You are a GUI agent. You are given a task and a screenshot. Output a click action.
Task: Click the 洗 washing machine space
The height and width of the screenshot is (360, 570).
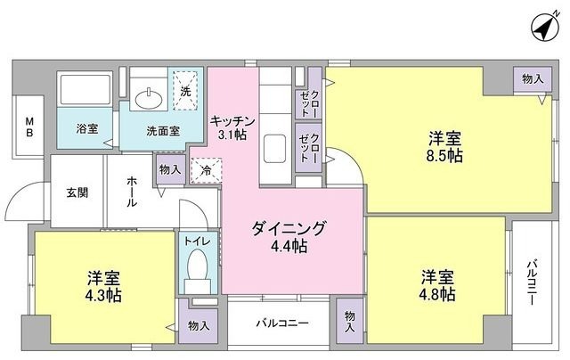(185, 91)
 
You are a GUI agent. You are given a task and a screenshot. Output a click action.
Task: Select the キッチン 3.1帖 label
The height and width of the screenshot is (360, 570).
(233, 127)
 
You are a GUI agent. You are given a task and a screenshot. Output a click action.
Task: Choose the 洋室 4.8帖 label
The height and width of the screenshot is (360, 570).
(438, 284)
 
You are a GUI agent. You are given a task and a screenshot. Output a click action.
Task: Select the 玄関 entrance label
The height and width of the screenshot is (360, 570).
(77, 191)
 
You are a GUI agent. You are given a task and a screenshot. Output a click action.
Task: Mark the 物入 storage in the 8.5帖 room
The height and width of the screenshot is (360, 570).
(532, 79)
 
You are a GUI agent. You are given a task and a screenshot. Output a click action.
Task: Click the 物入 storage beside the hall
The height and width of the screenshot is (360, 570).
(170, 168)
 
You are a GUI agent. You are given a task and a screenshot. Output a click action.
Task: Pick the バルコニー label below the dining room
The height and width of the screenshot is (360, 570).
(284, 323)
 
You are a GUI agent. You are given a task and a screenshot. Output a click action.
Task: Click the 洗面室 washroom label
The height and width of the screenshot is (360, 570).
(163, 130)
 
